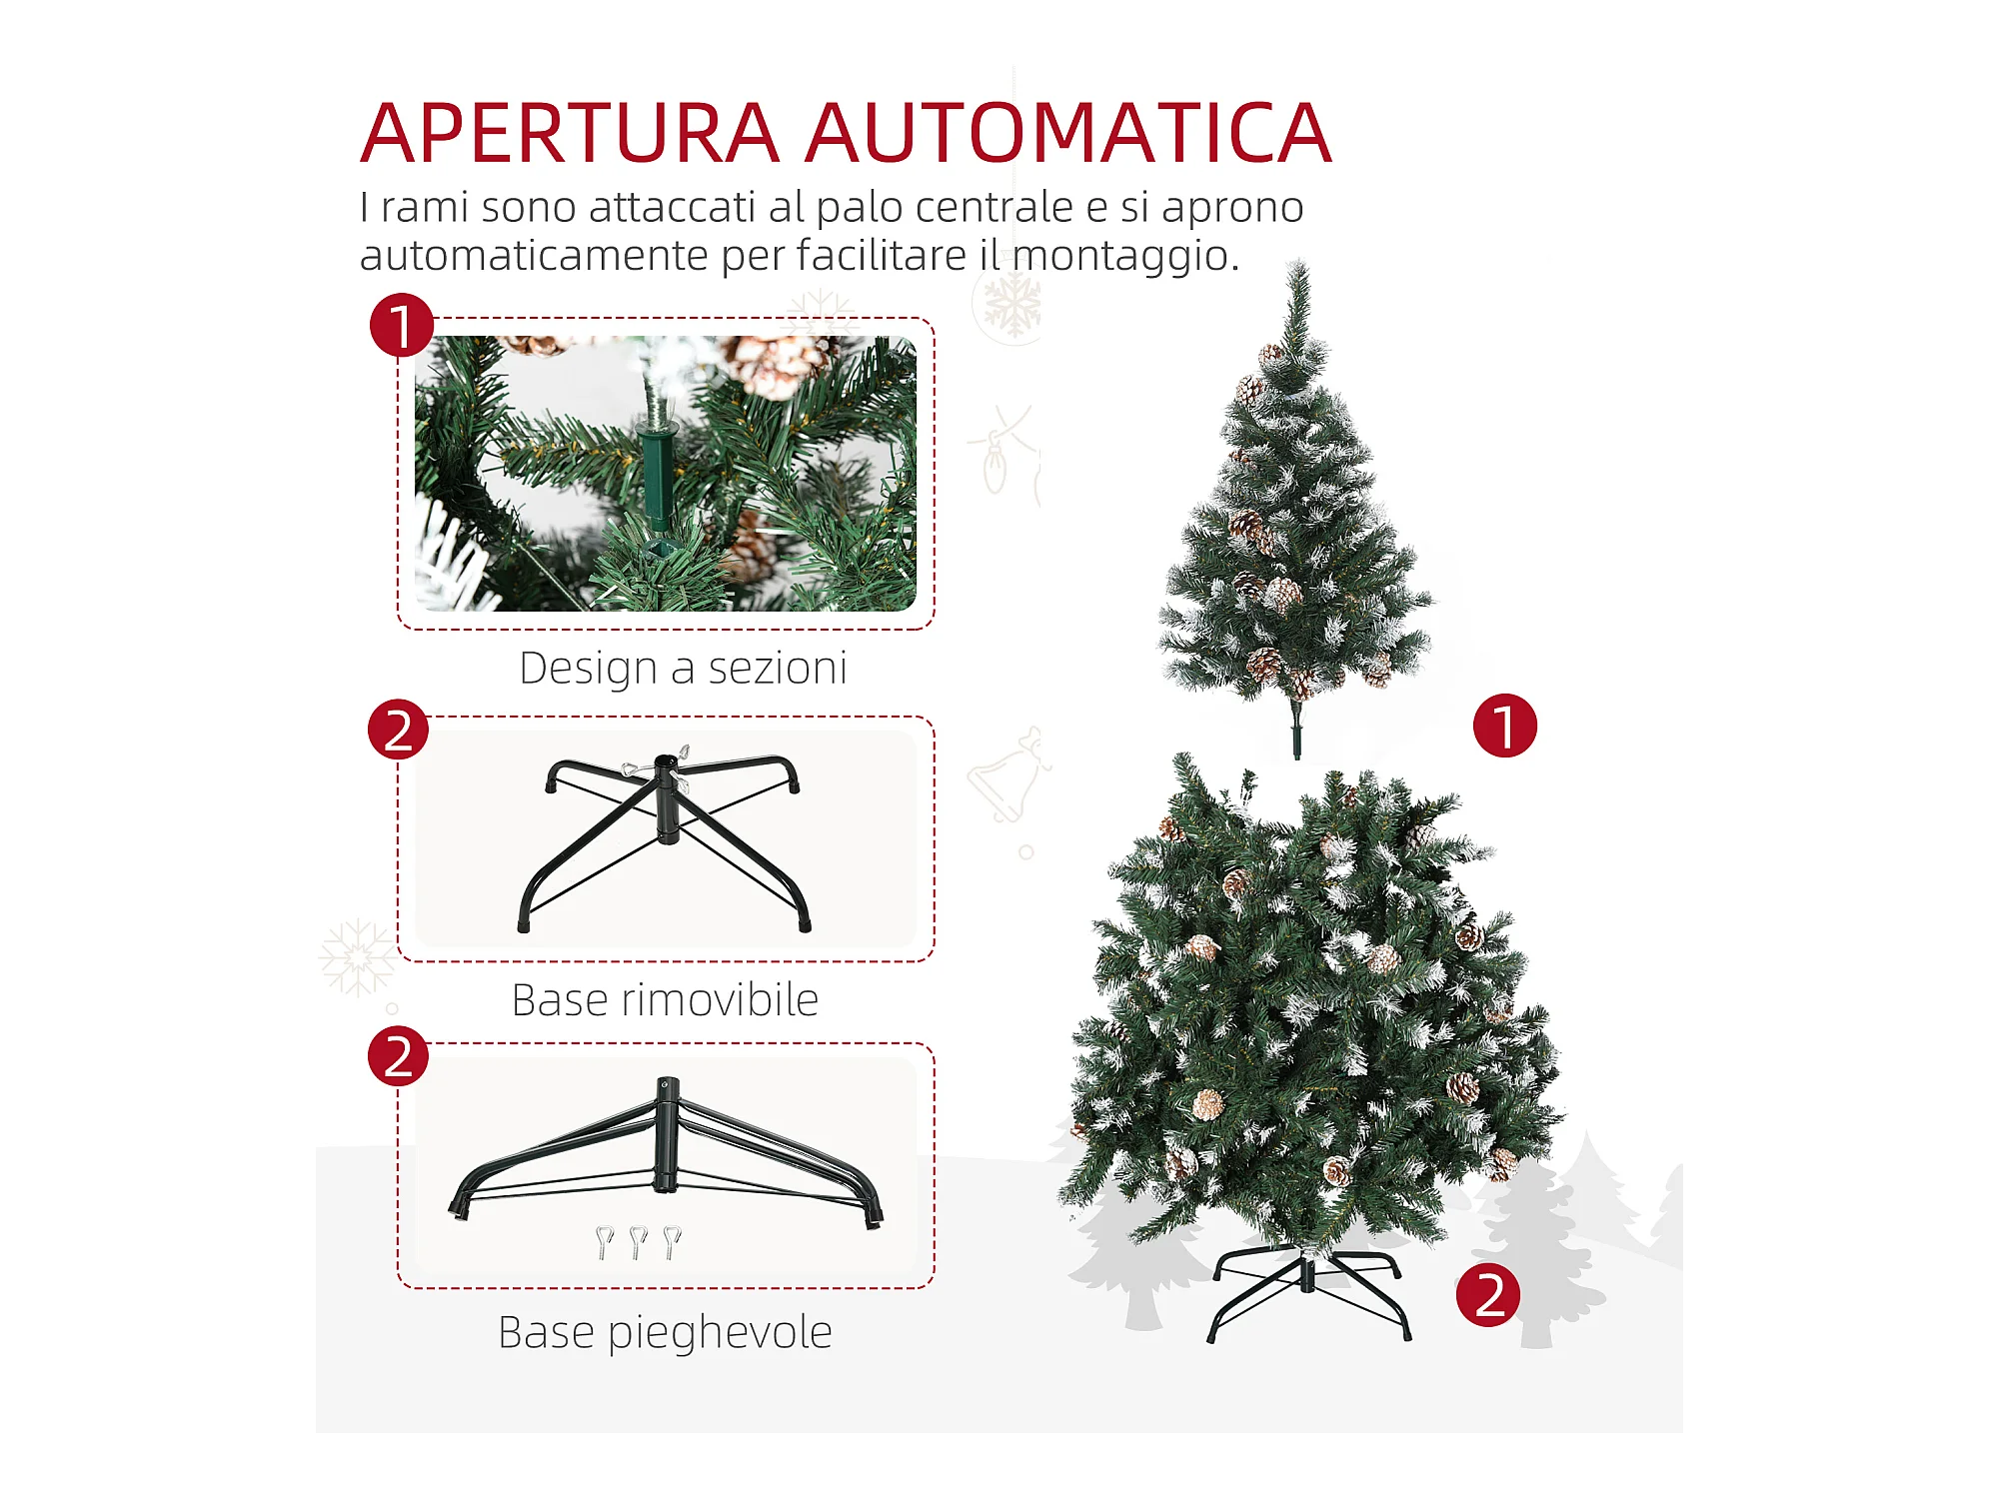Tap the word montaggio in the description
point(1125,256)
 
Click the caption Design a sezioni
point(683,669)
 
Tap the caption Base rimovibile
point(665,999)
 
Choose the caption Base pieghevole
point(665,1333)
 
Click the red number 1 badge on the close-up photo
point(402,325)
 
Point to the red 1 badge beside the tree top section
point(1505,726)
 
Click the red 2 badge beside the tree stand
point(1488,1295)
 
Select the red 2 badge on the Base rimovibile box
point(398,730)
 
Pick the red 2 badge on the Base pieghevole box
point(398,1056)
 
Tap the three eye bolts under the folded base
point(638,1242)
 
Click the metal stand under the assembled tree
point(1308,1291)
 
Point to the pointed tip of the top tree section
point(1298,261)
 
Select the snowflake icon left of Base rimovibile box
point(357,957)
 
